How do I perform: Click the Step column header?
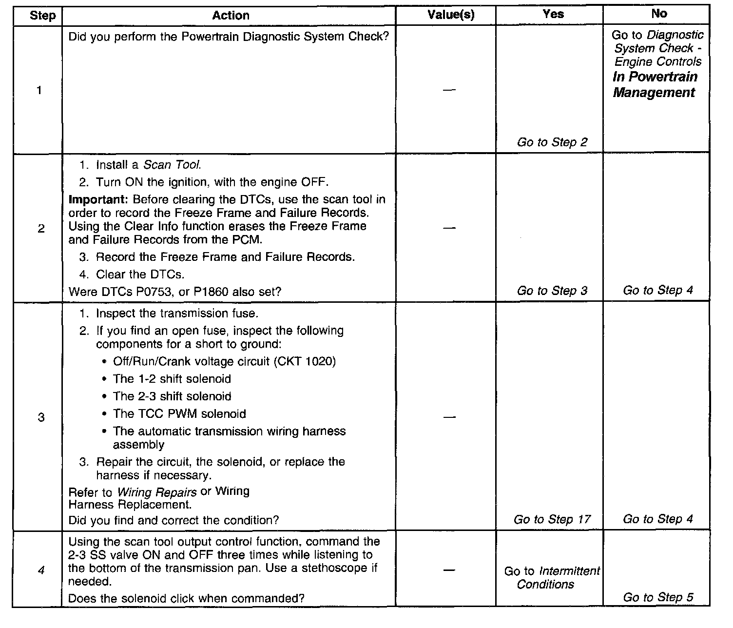pos(42,16)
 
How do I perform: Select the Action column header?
pos(231,16)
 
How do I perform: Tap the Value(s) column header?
pos(450,15)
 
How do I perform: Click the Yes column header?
pos(553,14)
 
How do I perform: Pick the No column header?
pos(659,14)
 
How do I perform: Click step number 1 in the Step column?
pos(39,90)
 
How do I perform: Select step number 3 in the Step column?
pos(41,417)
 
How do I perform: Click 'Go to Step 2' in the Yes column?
pos(552,142)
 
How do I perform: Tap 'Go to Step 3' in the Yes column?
pos(552,291)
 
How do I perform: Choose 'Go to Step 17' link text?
pos(552,520)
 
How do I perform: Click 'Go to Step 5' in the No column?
pos(658,598)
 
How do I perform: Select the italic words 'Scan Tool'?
pos(172,165)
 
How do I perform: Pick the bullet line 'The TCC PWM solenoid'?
pos(179,414)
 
